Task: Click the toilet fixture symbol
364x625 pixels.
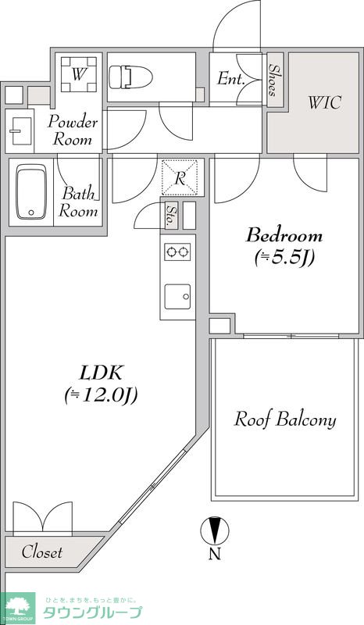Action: pos(130,77)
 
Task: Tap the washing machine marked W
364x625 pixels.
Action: pos(79,74)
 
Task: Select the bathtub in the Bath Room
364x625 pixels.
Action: pos(31,191)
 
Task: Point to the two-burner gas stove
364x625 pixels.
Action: pos(177,252)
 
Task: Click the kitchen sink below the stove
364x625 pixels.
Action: pos(177,297)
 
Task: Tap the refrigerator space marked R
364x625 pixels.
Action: pos(180,177)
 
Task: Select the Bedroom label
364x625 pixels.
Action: pos(284,235)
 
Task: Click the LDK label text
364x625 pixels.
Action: pos(100,373)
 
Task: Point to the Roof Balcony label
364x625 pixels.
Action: pos(285,420)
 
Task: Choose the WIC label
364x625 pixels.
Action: pos(324,103)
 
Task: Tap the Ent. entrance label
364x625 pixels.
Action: pos(231,79)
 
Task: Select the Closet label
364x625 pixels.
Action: pos(42,552)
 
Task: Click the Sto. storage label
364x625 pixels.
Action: pos(171,216)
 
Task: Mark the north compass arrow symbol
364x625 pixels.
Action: pos(215,530)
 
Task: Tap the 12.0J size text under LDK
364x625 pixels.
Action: pos(102,396)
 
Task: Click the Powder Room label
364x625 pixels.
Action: pos(72,130)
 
